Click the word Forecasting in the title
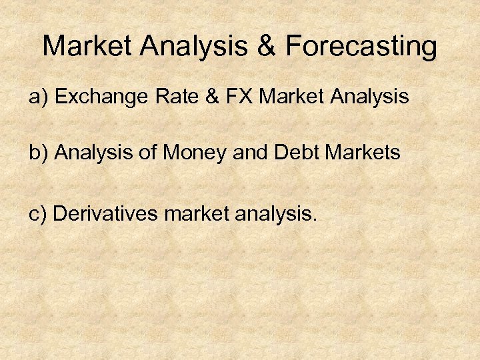point(362,47)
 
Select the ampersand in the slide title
point(267,47)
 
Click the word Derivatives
point(105,214)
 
